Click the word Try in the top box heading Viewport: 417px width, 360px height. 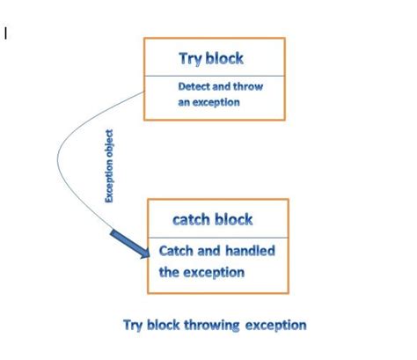[191, 59]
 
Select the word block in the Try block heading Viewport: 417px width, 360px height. [225, 59]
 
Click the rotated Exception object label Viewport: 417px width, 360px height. [110, 166]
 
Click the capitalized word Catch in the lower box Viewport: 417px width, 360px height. [178, 251]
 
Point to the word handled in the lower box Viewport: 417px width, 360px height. [251, 251]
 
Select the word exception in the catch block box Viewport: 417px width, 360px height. [214, 272]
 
